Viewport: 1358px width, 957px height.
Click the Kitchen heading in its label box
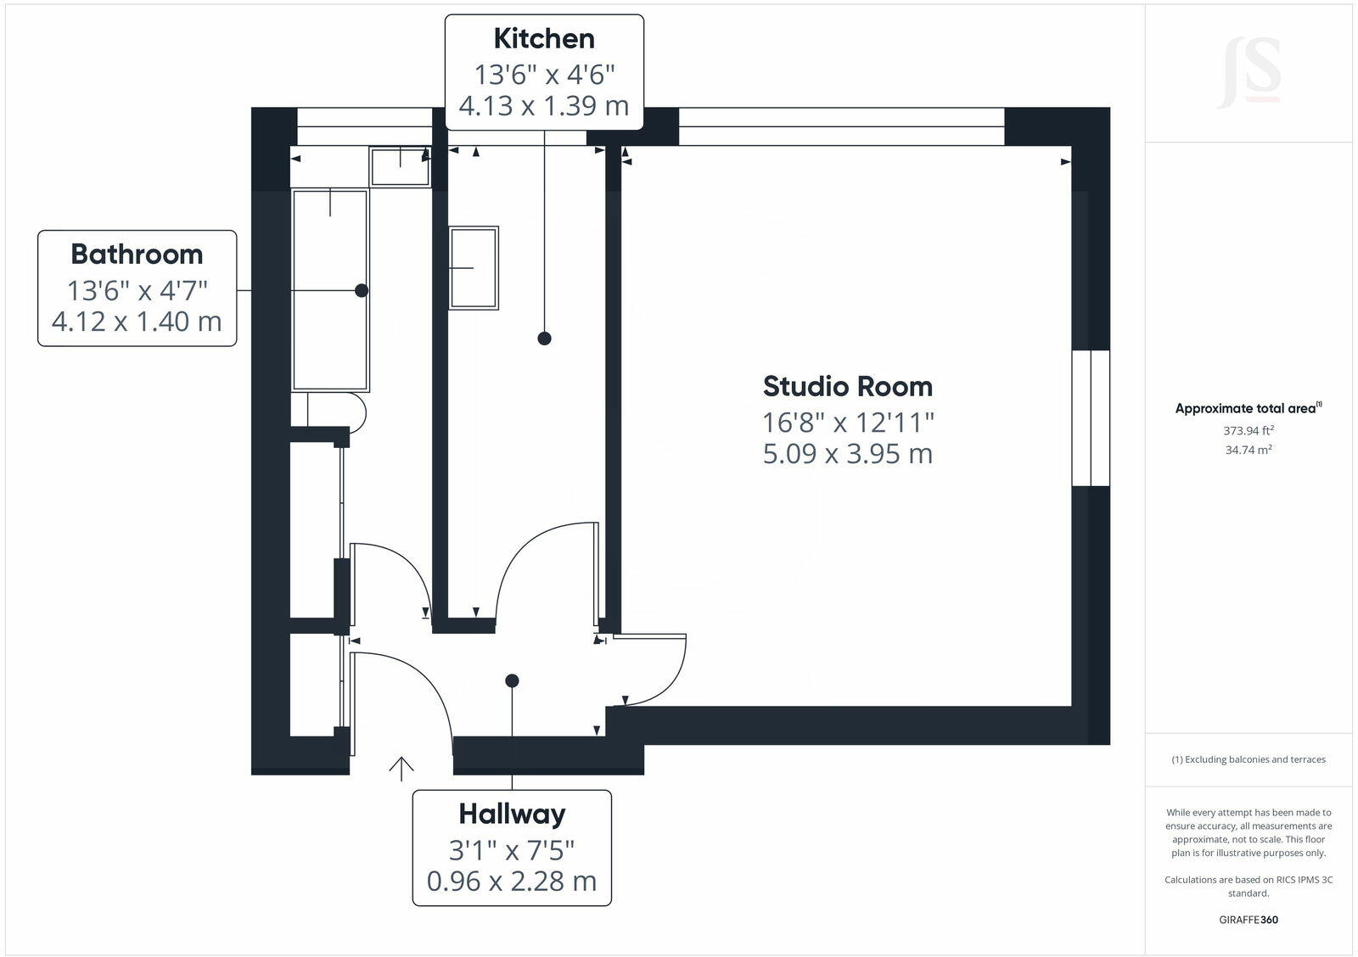coord(544,38)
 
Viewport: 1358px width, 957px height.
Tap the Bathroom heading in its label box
coord(137,254)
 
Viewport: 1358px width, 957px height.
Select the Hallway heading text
coord(512,814)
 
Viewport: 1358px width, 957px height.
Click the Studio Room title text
coord(847,386)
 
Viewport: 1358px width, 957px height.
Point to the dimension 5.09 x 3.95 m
coord(847,453)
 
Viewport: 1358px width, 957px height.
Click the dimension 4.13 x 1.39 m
coord(544,106)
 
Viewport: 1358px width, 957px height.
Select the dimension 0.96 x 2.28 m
coord(512,881)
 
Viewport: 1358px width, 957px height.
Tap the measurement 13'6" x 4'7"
coord(137,290)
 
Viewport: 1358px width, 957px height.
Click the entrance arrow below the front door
coord(401,767)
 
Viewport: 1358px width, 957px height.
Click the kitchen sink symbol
coord(474,268)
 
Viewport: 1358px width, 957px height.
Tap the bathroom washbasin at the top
coord(400,165)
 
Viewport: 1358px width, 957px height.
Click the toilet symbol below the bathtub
coord(335,409)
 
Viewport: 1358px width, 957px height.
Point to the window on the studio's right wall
coord(1091,417)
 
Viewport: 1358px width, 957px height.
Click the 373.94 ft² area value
coord(1248,431)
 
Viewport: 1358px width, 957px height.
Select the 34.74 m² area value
coord(1248,451)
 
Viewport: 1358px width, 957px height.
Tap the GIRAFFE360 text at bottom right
coord(1248,920)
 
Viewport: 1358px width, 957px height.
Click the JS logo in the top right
coord(1248,74)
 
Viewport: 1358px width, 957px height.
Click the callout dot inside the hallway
coord(512,680)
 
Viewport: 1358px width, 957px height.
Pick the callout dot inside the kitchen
coord(545,339)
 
